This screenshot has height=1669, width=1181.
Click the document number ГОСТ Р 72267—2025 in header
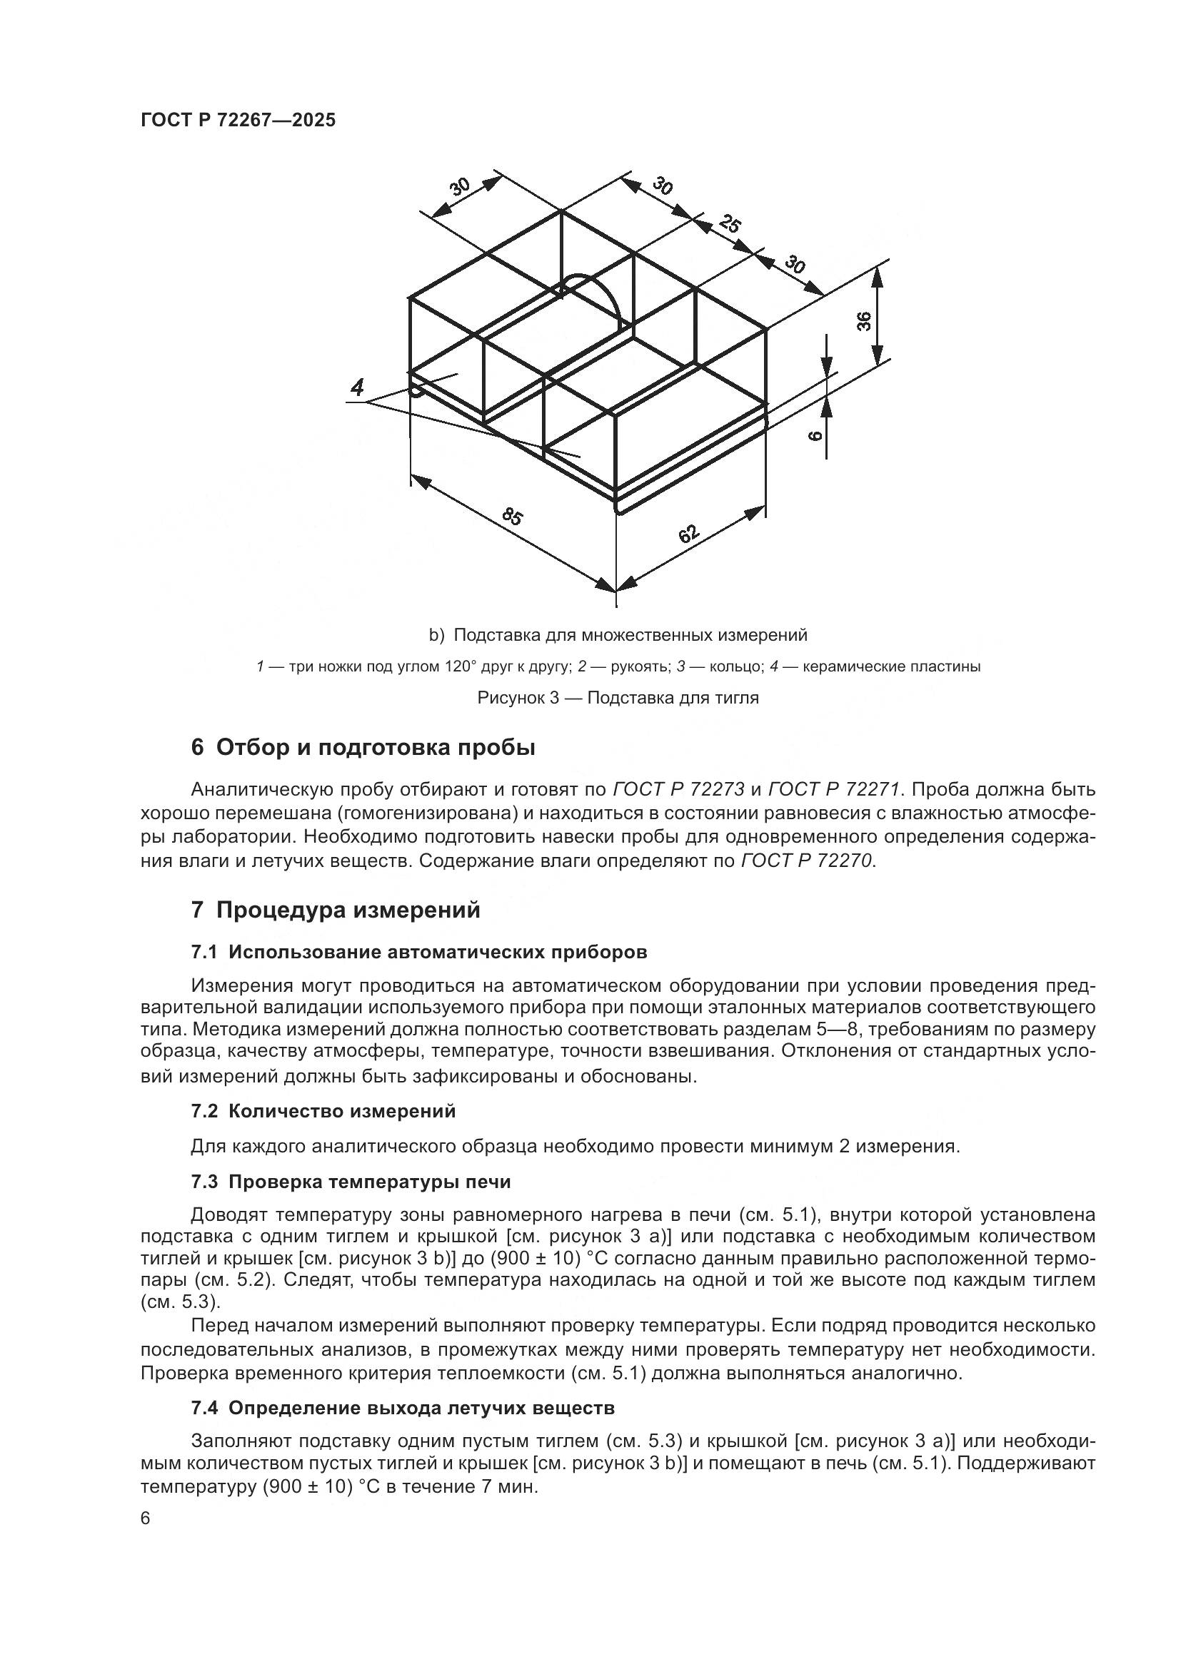[238, 121]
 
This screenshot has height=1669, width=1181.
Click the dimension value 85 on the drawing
[512, 517]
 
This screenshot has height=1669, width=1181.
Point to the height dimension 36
[863, 320]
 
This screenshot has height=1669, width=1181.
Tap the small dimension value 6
[815, 435]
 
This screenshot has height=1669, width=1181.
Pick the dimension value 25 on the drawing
[730, 224]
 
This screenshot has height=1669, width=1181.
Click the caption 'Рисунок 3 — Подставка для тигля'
[618, 698]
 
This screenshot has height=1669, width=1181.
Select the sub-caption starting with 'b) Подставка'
[618, 635]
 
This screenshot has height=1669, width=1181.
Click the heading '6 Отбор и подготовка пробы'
[363, 747]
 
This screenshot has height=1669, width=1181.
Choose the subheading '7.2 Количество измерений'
[323, 1111]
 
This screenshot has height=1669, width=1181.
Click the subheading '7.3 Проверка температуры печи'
[351, 1182]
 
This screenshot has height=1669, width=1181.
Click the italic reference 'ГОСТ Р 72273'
[679, 789]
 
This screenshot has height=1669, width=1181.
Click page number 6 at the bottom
[146, 1518]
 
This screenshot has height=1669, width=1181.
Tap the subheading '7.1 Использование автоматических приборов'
[419, 952]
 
